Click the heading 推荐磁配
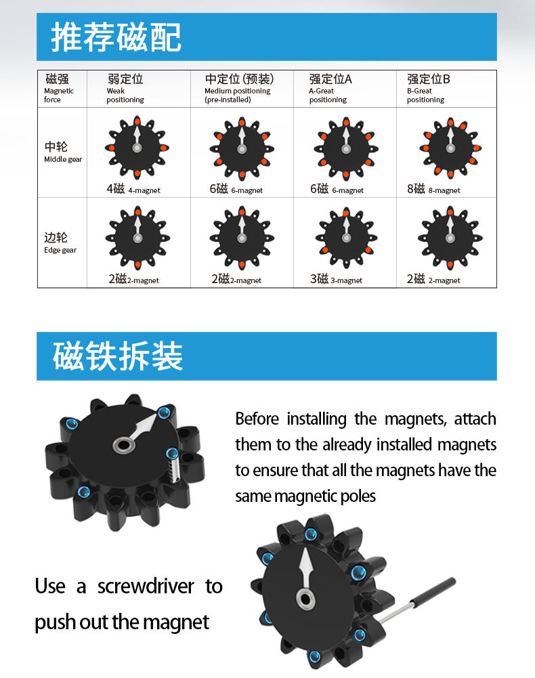point(116,37)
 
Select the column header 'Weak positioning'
point(125,89)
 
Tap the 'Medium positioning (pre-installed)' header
point(238,89)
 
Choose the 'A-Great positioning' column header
point(330,89)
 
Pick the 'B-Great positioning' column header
point(428,89)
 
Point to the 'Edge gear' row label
point(60,243)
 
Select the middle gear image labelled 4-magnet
point(137,148)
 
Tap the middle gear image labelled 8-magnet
point(450,148)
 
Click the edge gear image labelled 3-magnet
point(346,238)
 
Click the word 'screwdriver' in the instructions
point(146,587)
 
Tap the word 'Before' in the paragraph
point(257,419)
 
